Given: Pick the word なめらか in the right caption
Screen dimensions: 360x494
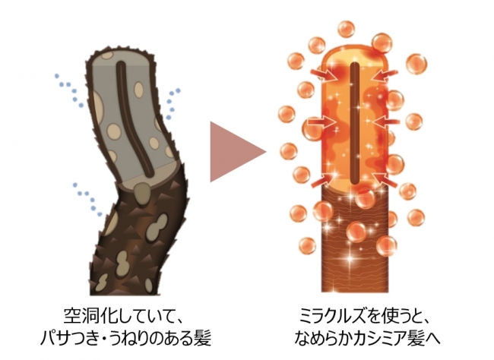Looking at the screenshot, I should tap(322, 334).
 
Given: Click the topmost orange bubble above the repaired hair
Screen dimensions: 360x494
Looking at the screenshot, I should tap(346, 30).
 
